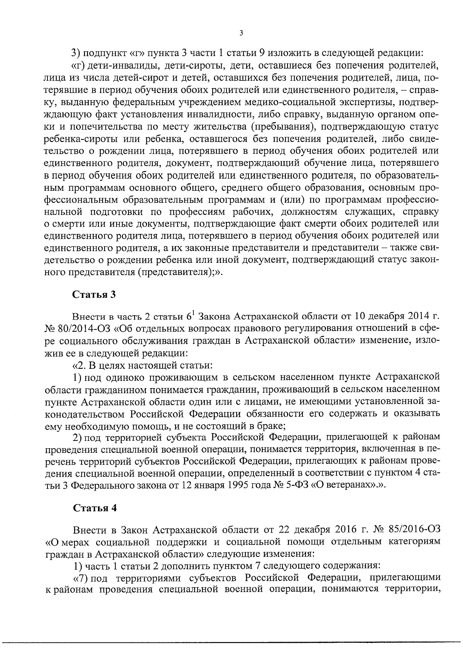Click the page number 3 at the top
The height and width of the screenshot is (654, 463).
[241, 34]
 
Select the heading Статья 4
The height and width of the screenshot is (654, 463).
[95, 508]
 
